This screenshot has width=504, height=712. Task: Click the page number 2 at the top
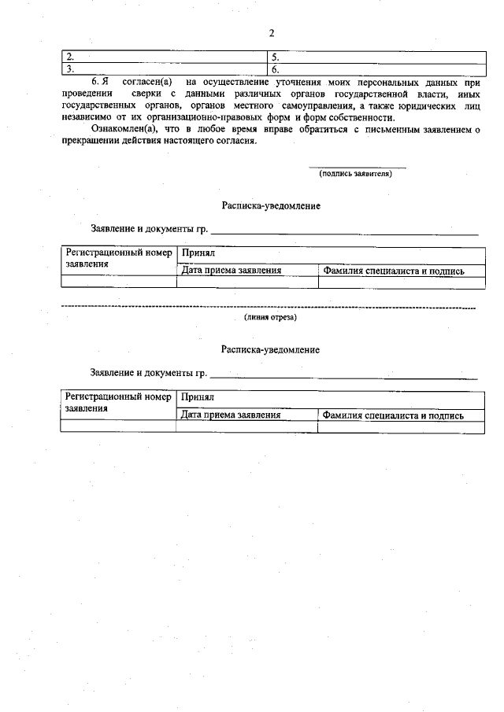coord(271,33)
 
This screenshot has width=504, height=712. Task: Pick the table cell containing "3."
coord(165,69)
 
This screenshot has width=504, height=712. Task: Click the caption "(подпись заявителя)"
coord(356,175)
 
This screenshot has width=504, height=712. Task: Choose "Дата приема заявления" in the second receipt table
coord(231,415)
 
